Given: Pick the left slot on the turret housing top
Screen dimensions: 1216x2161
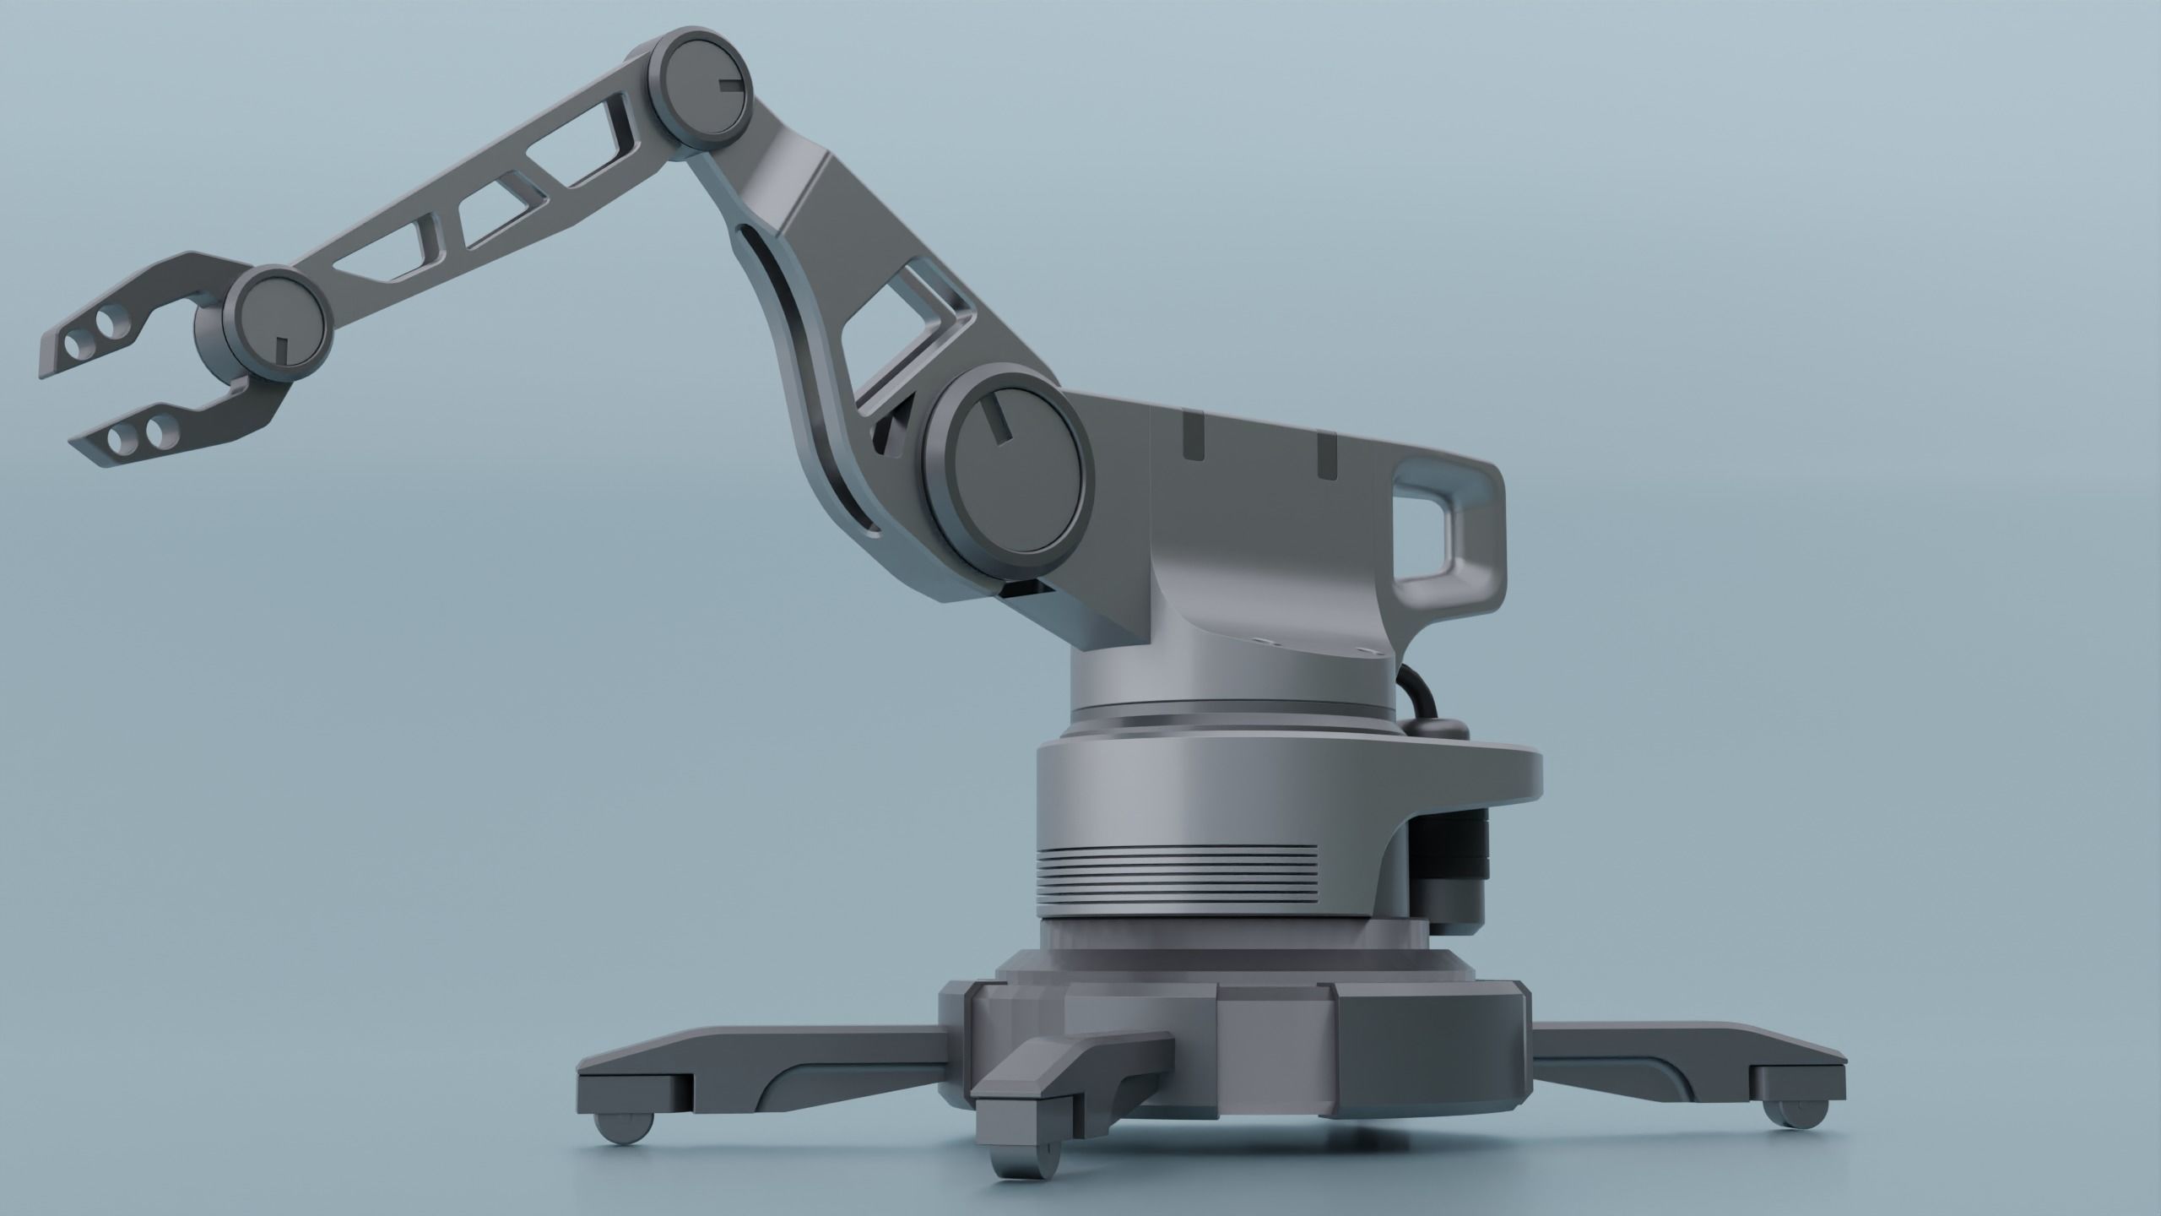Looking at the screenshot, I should [x=1193, y=437].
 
